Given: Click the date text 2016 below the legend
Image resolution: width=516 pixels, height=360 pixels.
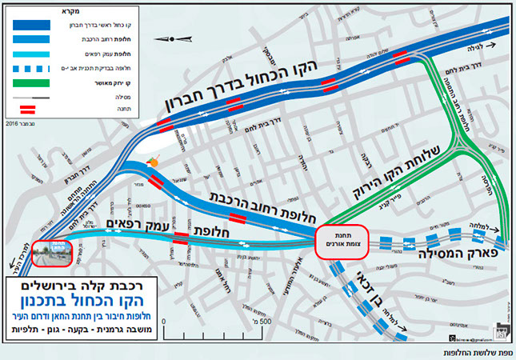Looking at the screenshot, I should click(16, 125).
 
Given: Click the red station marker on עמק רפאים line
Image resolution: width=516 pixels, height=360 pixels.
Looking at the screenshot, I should click(181, 238).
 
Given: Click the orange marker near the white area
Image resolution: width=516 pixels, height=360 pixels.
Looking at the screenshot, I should click(154, 163).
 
